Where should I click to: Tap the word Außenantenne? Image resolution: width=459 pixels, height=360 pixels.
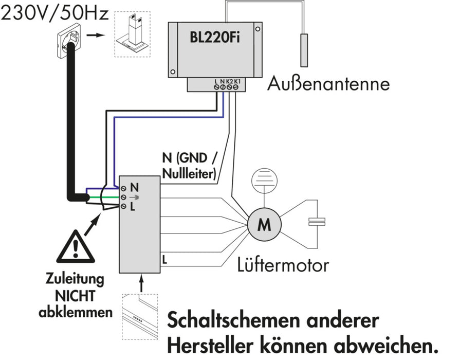click(328, 83)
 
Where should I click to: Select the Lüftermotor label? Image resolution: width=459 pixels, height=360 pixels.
click(283, 265)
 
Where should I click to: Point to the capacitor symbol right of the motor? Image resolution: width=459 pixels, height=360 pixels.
click(317, 222)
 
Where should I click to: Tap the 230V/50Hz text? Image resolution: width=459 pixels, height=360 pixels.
click(54, 13)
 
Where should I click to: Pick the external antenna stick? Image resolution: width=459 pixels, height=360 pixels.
click(305, 49)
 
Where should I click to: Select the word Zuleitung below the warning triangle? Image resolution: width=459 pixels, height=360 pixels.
click(75, 280)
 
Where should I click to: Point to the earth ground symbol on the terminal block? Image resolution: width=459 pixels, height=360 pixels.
click(135, 197)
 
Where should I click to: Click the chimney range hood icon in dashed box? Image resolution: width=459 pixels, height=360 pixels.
click(132, 34)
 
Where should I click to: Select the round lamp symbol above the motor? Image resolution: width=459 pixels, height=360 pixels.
click(264, 179)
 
